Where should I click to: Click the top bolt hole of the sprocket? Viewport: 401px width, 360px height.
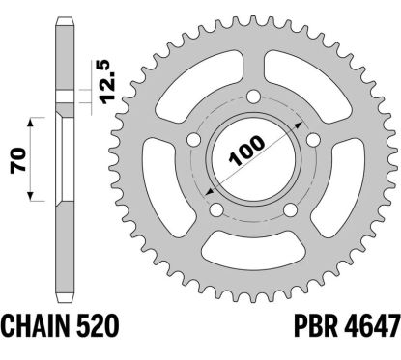pyautogui.click(x=253, y=97)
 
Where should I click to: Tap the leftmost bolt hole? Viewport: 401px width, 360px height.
pyautogui.click(x=194, y=139)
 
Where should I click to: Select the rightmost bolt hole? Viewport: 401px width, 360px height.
pyautogui.click(x=313, y=140)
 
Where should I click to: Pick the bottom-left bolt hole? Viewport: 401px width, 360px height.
pyautogui.click(x=216, y=210)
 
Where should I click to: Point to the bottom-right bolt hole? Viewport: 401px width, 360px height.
pyautogui.click(x=291, y=210)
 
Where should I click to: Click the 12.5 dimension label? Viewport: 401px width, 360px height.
pyautogui.click(x=106, y=82)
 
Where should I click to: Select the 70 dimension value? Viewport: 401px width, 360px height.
pyautogui.click(x=18, y=160)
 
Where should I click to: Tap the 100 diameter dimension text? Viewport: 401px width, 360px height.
pyautogui.click(x=246, y=152)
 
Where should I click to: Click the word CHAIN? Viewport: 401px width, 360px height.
pyautogui.click(x=32, y=326)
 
